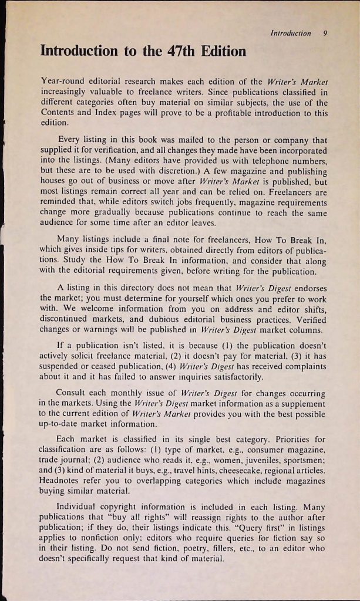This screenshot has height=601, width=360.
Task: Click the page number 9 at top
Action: pyautogui.click(x=325, y=33)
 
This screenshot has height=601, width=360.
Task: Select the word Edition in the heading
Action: pyautogui.click(x=219, y=52)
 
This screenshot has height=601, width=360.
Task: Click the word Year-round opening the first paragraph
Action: pyautogui.click(x=65, y=80)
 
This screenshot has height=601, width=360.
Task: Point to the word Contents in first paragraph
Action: pyautogui.click(x=58, y=113)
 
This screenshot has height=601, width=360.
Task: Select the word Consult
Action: pyautogui.click(x=73, y=392)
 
